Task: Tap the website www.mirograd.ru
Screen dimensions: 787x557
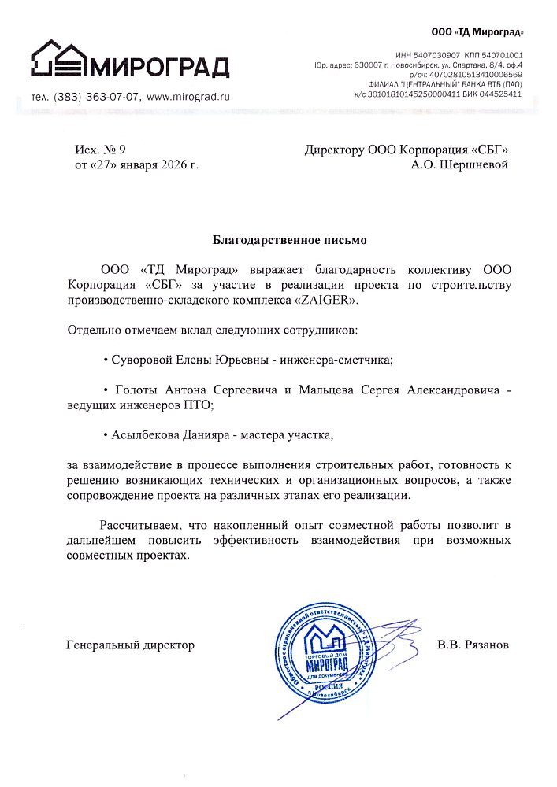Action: coord(188,96)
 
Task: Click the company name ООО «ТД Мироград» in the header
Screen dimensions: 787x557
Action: coord(477,32)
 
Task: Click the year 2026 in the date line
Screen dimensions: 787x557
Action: coord(174,165)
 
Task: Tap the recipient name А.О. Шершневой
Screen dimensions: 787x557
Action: coord(459,165)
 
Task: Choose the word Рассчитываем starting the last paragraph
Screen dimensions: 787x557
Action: coord(138,524)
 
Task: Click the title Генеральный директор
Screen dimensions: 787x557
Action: coord(131,645)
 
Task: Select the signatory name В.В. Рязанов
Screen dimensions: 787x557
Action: coord(473,645)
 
